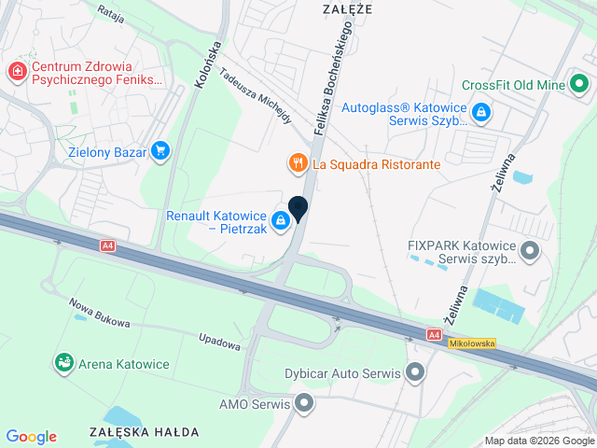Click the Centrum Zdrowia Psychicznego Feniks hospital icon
17,72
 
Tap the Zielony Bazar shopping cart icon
161,150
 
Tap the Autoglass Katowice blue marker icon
480,114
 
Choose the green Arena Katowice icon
64,362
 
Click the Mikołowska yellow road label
472,343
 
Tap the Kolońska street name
207,63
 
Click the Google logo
31,437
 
